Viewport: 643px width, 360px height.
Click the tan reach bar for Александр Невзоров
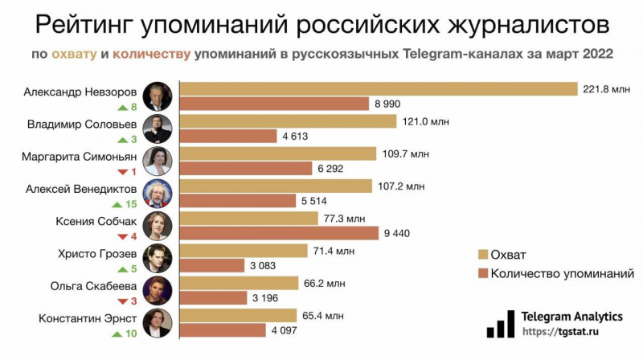[378, 88]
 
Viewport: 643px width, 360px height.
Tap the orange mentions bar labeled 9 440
[277, 233]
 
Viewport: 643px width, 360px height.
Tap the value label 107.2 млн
[401, 186]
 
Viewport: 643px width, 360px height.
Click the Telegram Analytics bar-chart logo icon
[500, 323]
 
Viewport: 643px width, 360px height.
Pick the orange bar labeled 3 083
[210, 265]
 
